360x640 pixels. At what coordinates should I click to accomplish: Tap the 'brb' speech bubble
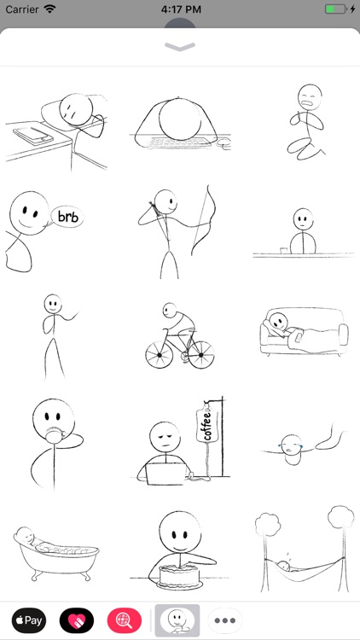point(67,217)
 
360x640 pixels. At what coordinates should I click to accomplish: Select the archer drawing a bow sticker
point(175,230)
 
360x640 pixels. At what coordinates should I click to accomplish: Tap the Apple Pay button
point(29,620)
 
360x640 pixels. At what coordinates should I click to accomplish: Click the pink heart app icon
point(77,620)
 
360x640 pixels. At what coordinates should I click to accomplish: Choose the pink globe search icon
point(125,620)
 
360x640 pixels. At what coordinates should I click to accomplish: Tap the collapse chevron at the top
point(180,47)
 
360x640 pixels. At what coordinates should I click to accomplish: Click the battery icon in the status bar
point(336,9)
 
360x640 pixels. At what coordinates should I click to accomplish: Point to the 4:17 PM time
point(179,9)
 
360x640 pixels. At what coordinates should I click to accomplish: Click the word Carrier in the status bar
point(22,9)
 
